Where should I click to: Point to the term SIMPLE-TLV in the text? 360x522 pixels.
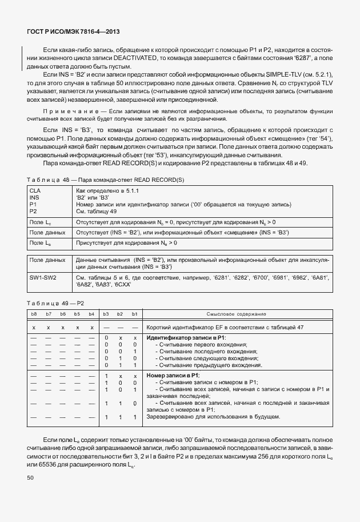pos(285,75)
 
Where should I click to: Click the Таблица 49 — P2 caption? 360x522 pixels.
pos(55,303)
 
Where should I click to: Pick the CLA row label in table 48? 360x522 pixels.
pos(34,189)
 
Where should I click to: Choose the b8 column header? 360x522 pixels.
pos(34,314)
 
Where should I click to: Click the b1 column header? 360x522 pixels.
pos(134,314)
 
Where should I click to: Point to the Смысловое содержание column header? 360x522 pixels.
pos(236,314)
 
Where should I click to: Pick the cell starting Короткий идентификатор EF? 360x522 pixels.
pos(233,327)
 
